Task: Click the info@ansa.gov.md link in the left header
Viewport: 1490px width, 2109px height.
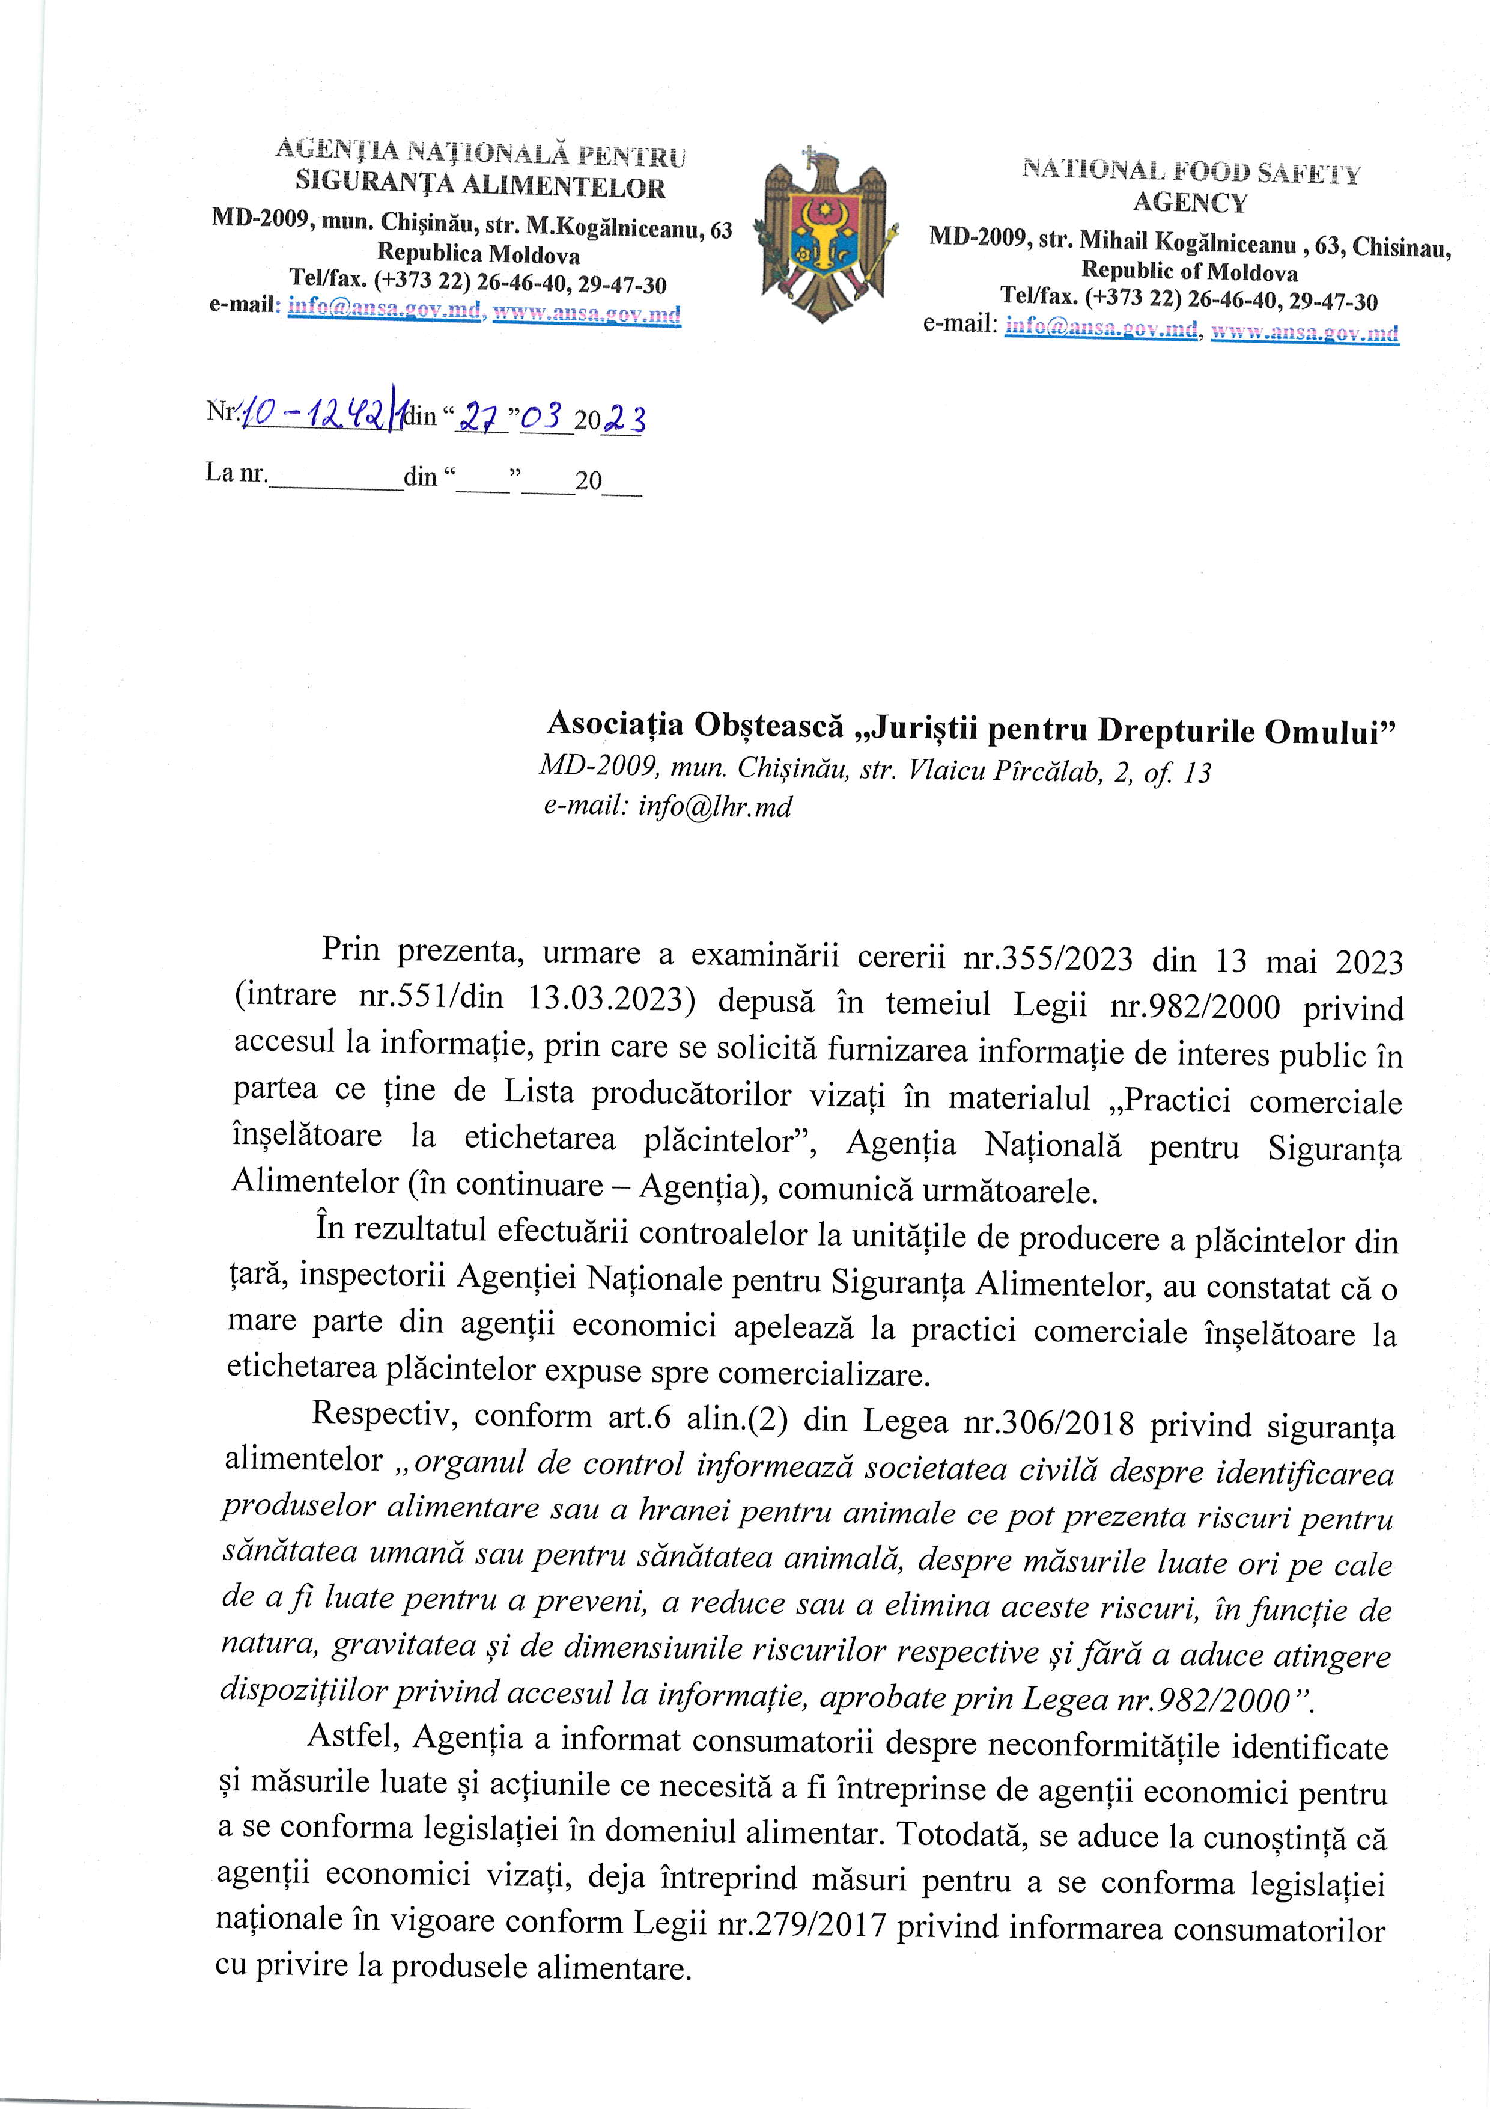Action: click(385, 310)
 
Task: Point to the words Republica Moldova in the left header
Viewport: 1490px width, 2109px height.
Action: click(478, 254)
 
